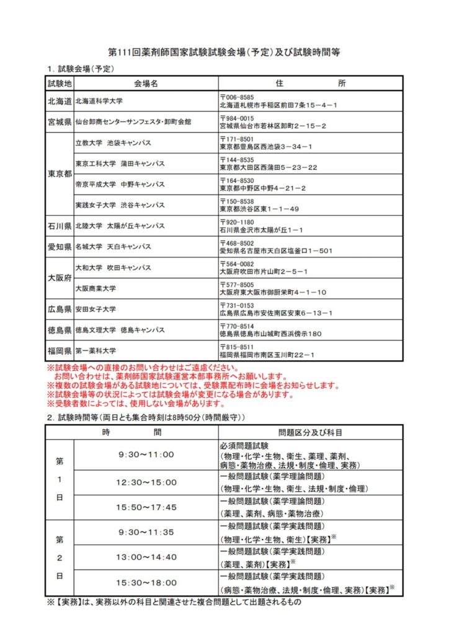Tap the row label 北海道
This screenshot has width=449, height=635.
point(60,100)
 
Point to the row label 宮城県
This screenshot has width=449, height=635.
point(60,121)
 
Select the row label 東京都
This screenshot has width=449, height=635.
point(60,174)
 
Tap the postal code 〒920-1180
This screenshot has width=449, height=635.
point(237,222)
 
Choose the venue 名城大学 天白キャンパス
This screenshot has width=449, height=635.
point(113,247)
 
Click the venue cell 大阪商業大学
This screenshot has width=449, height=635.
point(96,288)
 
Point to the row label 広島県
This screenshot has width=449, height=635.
point(60,309)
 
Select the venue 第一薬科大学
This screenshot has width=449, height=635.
point(96,351)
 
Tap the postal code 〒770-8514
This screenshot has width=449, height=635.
point(237,326)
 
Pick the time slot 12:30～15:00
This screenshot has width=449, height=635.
point(146,482)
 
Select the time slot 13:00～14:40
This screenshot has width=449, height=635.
point(146,557)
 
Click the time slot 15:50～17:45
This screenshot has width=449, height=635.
point(146,507)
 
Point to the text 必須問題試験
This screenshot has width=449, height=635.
point(244,446)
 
